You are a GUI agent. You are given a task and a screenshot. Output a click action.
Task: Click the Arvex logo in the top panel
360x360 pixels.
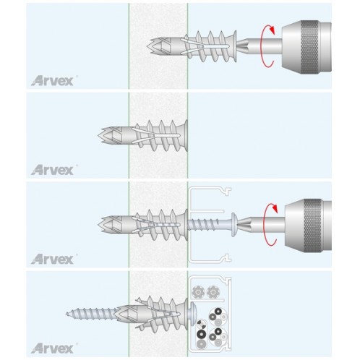[52, 81]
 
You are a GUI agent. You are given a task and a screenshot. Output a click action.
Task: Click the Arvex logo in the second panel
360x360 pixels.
[52, 170]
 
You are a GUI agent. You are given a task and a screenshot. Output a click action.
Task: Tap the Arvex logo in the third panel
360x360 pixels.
[52, 259]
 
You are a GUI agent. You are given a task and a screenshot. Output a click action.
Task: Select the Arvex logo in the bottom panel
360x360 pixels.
[52, 348]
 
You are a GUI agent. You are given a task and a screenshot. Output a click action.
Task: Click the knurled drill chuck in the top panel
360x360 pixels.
[307, 46]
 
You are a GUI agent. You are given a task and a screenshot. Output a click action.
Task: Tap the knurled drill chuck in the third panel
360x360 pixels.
[308, 226]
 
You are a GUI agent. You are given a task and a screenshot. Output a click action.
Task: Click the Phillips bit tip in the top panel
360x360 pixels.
[241, 46]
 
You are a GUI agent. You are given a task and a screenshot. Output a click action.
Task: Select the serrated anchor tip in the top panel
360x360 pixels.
[151, 46]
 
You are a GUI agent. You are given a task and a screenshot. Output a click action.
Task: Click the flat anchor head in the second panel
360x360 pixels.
[185, 136]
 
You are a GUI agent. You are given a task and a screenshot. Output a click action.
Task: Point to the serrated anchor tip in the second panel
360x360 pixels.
[103, 135]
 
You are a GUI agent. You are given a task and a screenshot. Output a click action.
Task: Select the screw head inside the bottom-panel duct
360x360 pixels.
[192, 314]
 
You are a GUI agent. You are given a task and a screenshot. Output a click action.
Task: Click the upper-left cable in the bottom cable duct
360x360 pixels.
[198, 292]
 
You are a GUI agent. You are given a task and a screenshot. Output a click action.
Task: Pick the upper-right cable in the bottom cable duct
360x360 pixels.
[213, 292]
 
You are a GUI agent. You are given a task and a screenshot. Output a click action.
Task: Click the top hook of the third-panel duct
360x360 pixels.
[227, 192]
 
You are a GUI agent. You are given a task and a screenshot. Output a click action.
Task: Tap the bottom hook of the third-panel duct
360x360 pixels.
[227, 257]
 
